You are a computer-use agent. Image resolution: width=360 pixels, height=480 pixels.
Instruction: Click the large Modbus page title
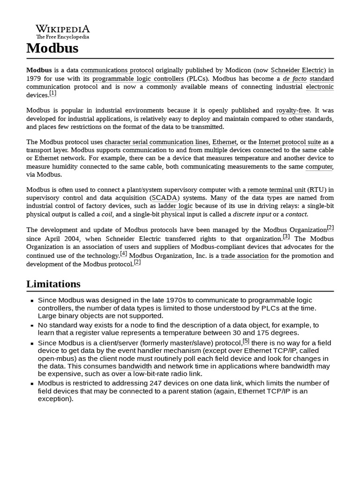[x=52, y=48]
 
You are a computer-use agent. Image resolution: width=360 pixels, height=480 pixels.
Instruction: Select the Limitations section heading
[x=53, y=284]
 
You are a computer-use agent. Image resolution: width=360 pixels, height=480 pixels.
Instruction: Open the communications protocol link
[x=117, y=70]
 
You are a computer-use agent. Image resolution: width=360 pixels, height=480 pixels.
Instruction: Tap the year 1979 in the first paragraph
[x=35, y=79]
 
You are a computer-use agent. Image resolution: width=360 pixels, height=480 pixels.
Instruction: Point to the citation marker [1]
[x=53, y=93]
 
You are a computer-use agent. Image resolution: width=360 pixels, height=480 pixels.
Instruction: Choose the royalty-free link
[x=293, y=111]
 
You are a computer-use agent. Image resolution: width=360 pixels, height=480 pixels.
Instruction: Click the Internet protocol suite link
[x=289, y=142]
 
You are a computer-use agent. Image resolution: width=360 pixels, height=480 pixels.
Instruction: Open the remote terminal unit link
[x=277, y=190]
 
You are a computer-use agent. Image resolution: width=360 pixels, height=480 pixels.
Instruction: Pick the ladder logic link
[x=175, y=206]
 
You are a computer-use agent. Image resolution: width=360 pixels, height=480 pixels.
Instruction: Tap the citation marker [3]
[x=286, y=236]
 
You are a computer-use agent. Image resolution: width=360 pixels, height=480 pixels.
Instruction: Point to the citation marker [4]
[x=124, y=254]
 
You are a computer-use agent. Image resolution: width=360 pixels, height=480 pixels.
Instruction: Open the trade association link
[x=245, y=256]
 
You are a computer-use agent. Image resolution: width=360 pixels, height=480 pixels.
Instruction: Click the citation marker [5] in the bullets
[x=246, y=341]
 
